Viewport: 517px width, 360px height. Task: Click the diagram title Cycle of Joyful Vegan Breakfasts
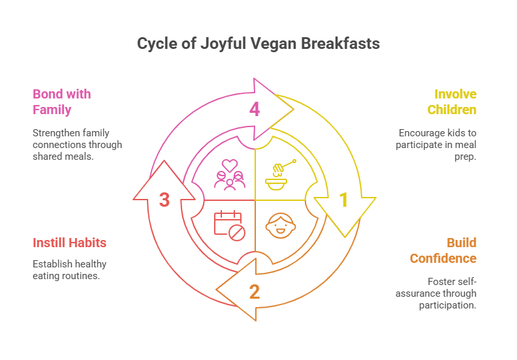click(258, 44)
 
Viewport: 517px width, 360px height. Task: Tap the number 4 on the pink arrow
click(255, 109)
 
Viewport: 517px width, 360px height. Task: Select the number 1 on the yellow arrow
click(343, 200)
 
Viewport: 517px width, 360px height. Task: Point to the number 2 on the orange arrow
click(255, 291)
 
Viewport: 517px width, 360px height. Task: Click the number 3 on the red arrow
click(164, 200)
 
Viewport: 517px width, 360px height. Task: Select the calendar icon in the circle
click(228, 224)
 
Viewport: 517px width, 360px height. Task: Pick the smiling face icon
click(280, 225)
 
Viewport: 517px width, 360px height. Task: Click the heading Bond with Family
click(61, 102)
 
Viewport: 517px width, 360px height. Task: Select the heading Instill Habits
click(69, 243)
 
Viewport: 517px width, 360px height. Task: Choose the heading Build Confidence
click(444, 250)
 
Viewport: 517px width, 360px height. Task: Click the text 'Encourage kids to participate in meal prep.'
click(437, 145)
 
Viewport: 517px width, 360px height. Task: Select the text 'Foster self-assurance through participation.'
click(439, 293)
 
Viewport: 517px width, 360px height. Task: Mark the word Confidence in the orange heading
click(444, 259)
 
